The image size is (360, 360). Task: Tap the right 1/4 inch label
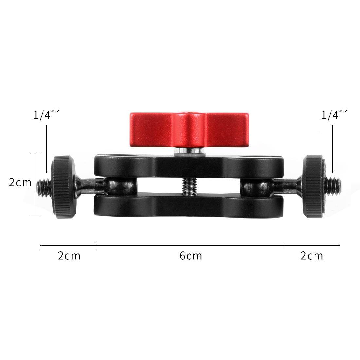pyautogui.click(x=334, y=116)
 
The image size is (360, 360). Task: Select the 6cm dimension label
pyautogui.click(x=191, y=256)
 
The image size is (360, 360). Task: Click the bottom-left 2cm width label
pyautogui.click(x=69, y=256)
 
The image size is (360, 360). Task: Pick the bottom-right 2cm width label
pyautogui.click(x=312, y=256)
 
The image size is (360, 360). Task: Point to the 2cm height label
pyautogui.click(x=20, y=182)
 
